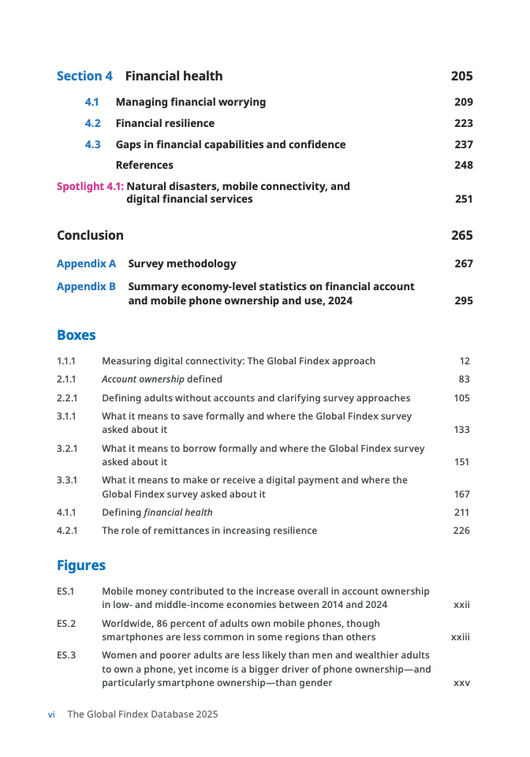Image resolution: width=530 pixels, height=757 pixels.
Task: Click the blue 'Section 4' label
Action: (84, 76)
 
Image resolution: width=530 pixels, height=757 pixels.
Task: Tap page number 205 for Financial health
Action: (461, 76)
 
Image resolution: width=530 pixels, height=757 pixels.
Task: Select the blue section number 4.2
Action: (93, 123)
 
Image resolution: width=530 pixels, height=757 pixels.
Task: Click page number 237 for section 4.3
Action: (463, 144)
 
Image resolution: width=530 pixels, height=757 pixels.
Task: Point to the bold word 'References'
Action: (144, 165)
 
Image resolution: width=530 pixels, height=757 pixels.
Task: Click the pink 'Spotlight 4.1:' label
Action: (90, 186)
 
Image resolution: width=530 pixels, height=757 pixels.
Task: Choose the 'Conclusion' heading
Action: (90, 235)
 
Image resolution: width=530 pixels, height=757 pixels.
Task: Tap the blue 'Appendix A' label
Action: (86, 263)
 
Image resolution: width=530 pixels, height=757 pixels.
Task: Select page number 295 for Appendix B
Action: (463, 300)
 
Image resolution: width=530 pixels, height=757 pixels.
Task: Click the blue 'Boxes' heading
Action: (76, 335)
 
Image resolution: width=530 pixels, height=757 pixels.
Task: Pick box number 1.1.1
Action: (66, 361)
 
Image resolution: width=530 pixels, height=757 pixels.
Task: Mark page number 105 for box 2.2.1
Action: (461, 398)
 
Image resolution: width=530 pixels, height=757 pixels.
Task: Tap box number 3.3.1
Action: (66, 480)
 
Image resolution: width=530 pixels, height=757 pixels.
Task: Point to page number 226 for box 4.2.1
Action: (461, 531)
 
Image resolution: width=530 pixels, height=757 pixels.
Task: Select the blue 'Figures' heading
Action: (80, 565)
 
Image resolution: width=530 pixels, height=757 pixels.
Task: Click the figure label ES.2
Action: (66, 624)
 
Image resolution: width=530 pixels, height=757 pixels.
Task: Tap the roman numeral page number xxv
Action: (461, 683)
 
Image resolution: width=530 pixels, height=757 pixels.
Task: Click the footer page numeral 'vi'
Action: (51, 714)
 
